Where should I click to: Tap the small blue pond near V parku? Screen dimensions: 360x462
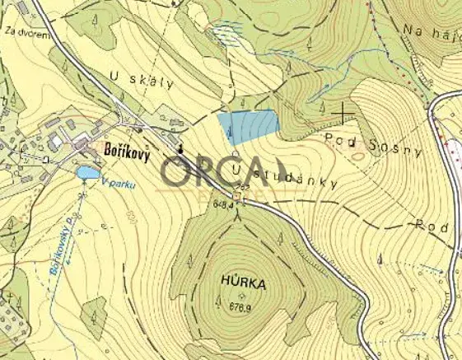tap(87, 173)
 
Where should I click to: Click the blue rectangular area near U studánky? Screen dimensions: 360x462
tap(248, 128)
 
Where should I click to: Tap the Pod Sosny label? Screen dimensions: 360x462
tap(373, 145)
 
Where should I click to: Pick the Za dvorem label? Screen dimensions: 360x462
tap(23, 33)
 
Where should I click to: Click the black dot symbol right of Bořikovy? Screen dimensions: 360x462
tap(180, 149)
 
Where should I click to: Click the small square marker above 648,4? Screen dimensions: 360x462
tap(241, 191)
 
